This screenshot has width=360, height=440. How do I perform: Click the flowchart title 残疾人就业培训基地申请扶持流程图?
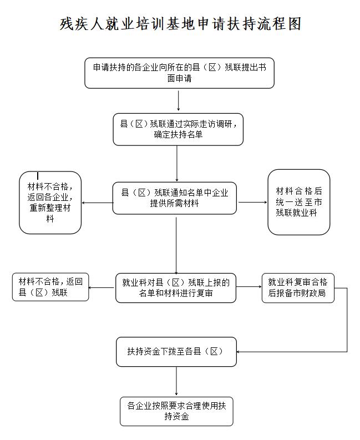pos(180,24)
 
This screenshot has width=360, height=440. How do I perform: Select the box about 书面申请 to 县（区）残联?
pos(179,73)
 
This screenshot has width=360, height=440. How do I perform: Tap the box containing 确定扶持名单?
pos(178,129)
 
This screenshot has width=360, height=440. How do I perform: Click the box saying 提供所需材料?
pos(175,198)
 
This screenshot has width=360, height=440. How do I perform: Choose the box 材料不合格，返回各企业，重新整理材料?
pos(50,203)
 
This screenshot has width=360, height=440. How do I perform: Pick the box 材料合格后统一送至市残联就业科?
pos(299,202)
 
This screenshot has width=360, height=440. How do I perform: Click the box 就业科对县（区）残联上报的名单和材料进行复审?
pos(176,288)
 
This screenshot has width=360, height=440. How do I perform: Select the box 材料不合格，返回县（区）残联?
pos(50,287)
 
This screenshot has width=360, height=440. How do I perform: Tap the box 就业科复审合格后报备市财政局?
pos(298,288)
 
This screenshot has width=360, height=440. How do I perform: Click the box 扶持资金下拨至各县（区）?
pos(176,352)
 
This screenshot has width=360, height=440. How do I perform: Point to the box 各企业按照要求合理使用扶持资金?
pos(176,411)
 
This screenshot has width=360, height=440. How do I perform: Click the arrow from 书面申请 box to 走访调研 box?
pos(179,100)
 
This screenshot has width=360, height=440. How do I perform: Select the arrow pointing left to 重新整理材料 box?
pos(97,203)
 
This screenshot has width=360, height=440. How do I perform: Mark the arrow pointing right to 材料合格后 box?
pos(253,202)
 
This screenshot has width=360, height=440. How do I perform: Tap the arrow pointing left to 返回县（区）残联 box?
pos(102,287)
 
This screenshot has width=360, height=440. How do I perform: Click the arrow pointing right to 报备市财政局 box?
pos(249,287)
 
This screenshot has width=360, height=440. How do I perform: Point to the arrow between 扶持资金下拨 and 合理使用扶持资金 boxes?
pos(176,381)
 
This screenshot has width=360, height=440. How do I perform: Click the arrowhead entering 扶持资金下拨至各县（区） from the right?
pos(238,352)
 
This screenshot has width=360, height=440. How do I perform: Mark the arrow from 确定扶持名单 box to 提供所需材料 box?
pos(177,164)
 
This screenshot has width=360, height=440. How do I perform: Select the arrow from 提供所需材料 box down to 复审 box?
pos(176,246)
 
